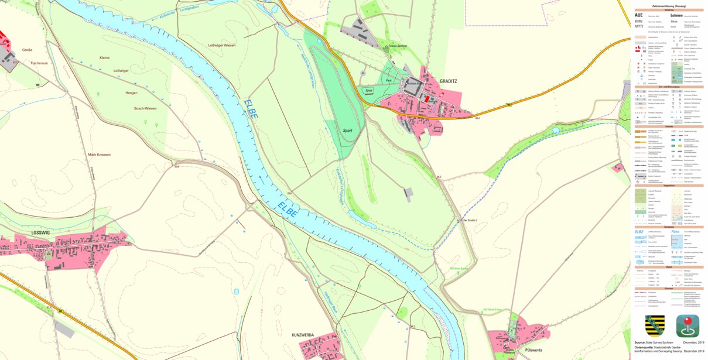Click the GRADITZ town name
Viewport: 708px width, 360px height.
tap(449, 81)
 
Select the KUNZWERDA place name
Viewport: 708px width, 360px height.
tap(303, 335)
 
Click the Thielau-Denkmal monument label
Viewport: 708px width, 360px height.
tap(397, 46)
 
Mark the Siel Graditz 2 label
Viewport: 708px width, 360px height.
tap(470, 221)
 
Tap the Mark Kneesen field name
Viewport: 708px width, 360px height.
tap(100, 155)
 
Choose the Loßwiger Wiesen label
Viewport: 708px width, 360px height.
tap(222, 45)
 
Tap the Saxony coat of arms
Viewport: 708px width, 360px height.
tap(655, 325)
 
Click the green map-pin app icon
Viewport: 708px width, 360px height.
tap(688, 325)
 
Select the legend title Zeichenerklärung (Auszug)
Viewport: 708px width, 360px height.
tap(669, 5)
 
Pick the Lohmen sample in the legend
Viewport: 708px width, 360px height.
tap(677, 15)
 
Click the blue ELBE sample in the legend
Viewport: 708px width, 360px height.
tap(639, 232)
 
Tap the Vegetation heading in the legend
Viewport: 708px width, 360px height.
tap(669, 186)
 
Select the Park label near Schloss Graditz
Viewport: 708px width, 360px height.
tap(388, 81)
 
